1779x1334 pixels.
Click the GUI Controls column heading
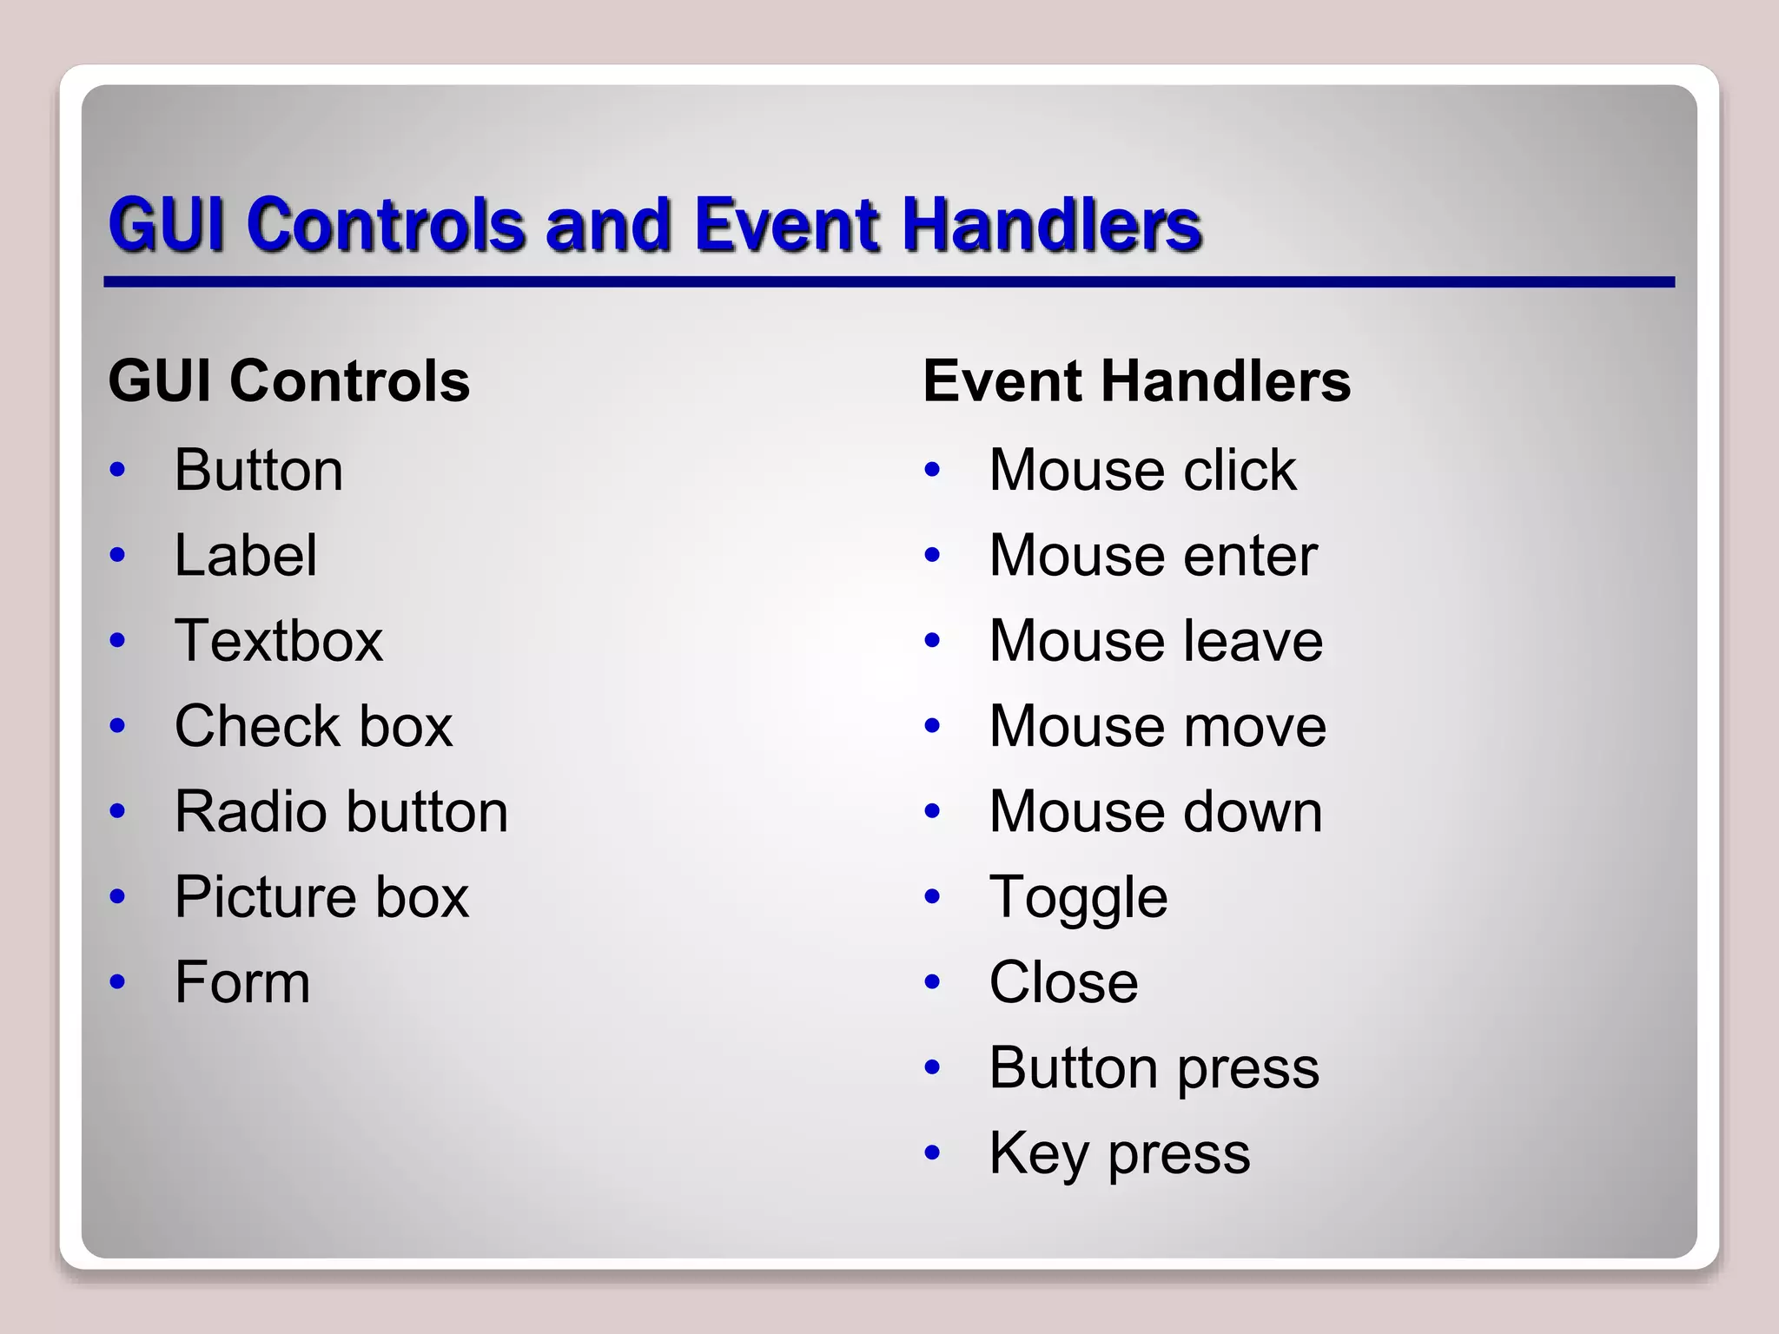pyautogui.click(x=289, y=381)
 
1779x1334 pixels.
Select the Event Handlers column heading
pyautogui.click(x=1136, y=381)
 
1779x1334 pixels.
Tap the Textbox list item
pyautogui.click(x=278, y=641)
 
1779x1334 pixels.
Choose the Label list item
pyautogui.click(x=246, y=556)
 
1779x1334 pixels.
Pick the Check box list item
pyautogui.click(x=314, y=726)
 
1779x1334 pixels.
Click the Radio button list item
pyautogui.click(x=341, y=812)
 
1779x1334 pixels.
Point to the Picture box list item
pyautogui.click(x=321, y=897)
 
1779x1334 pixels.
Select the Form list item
pyautogui.click(x=242, y=982)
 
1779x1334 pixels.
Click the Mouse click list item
pyautogui.click(x=1142, y=471)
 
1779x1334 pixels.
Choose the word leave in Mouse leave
pyautogui.click(x=1252, y=641)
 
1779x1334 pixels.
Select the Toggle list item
pyautogui.click(x=1078, y=897)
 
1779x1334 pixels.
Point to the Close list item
pyautogui.click(x=1063, y=982)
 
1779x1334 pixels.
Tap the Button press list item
pyautogui.click(x=1154, y=1067)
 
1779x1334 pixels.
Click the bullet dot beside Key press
pyautogui.click(x=933, y=1153)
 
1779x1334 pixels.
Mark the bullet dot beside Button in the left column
pyautogui.click(x=118, y=471)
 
